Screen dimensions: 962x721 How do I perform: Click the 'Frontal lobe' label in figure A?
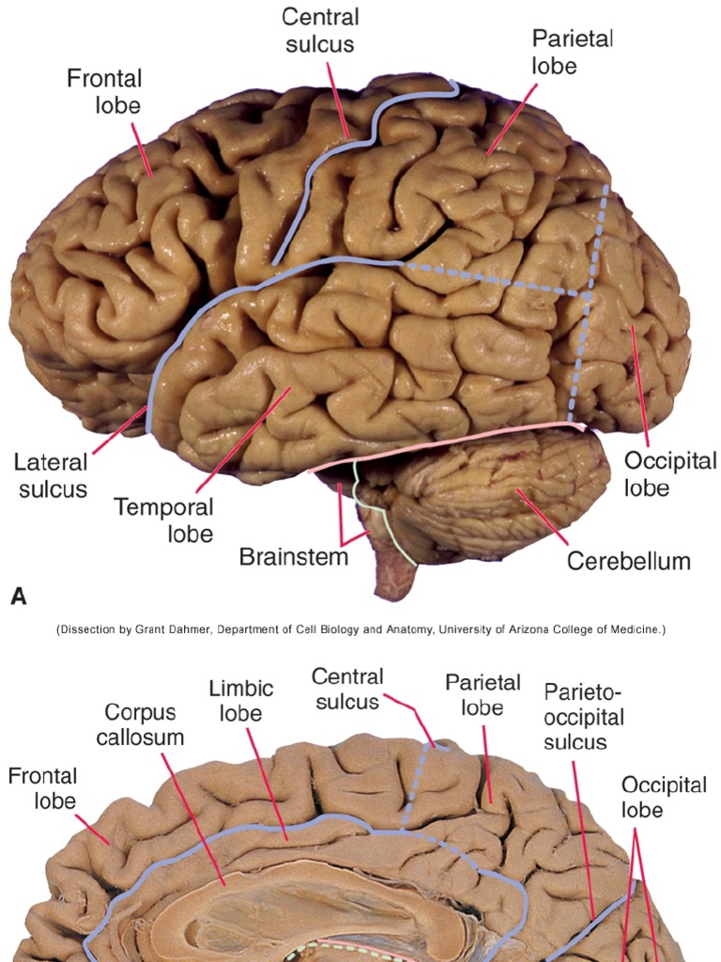pyautogui.click(x=103, y=90)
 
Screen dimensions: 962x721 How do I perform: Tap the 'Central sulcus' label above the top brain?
pyautogui.click(x=320, y=29)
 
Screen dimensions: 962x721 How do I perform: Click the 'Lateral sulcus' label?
pyautogui.click(x=51, y=475)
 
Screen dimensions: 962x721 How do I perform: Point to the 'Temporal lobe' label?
pyautogui.click(x=163, y=520)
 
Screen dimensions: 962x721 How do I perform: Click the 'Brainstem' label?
pyautogui.click(x=293, y=556)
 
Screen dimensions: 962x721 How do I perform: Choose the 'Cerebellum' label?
pyautogui.click(x=628, y=562)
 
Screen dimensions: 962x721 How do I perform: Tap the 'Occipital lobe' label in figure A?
pyautogui.click(x=670, y=474)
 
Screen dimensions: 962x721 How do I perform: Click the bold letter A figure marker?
pyautogui.click(x=17, y=595)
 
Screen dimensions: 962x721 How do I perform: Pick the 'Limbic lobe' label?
pyautogui.click(x=240, y=701)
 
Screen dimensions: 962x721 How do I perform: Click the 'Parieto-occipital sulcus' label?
pyautogui.click(x=584, y=717)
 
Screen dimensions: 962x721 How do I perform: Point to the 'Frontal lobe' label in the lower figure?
pyautogui.click(x=42, y=788)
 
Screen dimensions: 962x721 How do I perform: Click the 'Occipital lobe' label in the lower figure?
pyautogui.click(x=663, y=797)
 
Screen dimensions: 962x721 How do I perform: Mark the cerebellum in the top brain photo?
pyautogui.click(x=507, y=489)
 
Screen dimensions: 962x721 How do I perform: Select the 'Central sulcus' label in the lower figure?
pyautogui.click(x=347, y=689)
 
